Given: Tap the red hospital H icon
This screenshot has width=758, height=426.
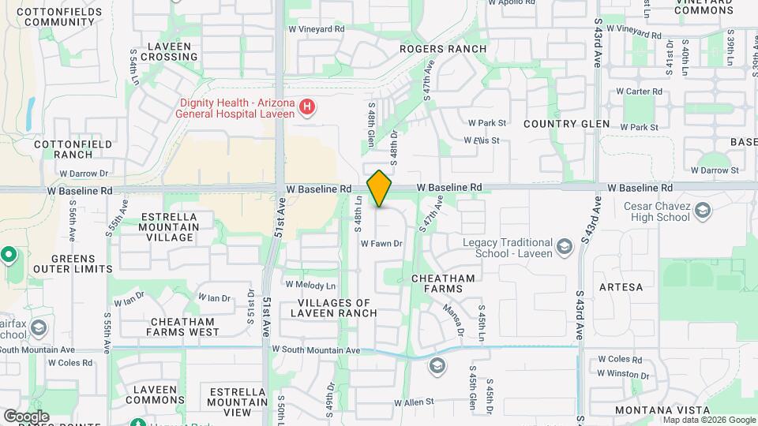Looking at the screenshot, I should tap(308, 107).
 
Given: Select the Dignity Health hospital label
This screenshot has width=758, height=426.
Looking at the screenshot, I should tap(237, 108).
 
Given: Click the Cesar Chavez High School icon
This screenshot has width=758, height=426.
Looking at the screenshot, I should tap(702, 211).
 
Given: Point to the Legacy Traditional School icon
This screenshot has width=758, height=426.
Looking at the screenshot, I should tap(565, 248).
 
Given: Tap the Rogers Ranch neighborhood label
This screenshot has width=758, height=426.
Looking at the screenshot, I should tap(442, 49).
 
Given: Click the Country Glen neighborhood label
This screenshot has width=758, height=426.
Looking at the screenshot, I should tap(566, 124).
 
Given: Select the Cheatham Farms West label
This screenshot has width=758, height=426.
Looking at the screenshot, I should tap(182, 327).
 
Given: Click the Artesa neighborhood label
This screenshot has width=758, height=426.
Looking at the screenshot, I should tap(621, 287).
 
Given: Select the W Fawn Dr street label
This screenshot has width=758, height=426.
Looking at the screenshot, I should tap(381, 244).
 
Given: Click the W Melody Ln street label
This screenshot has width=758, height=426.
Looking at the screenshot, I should tap(310, 285).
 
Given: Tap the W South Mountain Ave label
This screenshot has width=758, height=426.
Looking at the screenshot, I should tap(316, 349).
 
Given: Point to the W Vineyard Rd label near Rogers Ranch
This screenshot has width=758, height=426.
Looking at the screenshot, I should tap(317, 28).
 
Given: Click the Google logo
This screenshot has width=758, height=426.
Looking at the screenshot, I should tap(26, 416).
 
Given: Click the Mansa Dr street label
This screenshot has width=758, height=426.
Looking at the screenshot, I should tap(452, 319).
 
